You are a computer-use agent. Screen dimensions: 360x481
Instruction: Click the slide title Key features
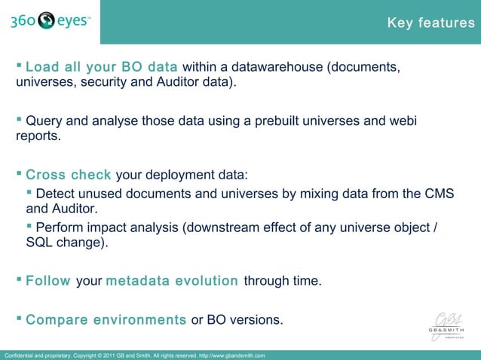coord(430,23)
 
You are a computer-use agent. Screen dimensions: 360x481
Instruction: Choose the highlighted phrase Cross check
coord(69,175)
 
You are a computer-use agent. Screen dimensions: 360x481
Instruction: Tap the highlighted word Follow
coord(48,282)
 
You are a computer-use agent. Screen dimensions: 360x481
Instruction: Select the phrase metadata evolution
coord(172,282)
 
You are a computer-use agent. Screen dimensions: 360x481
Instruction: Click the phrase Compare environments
coord(106,320)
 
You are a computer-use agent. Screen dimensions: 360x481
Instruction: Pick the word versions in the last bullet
coord(257,320)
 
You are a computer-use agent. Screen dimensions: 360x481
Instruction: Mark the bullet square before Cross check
coord(20,175)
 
